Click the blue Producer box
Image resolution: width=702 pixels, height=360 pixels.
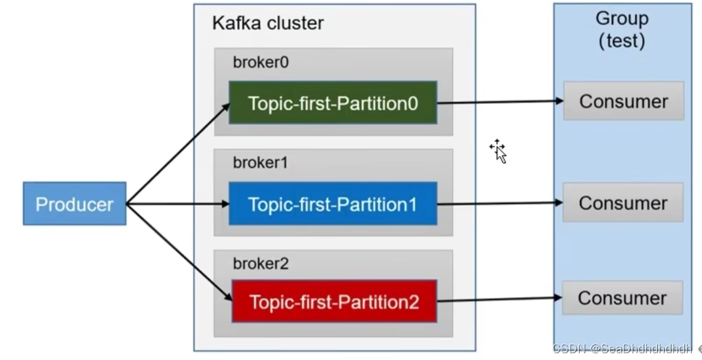74,203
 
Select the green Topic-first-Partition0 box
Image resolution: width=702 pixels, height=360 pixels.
333,103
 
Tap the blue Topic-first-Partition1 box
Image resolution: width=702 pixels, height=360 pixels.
333,204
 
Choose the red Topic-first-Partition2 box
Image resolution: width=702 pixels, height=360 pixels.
334,302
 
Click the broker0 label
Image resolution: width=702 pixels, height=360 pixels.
261,62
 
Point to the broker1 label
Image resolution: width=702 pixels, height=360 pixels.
261,163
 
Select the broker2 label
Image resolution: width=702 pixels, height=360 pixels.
261,264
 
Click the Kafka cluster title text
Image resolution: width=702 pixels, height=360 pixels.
267,23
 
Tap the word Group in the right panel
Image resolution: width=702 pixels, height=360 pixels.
621,18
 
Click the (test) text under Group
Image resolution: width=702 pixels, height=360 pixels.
621,41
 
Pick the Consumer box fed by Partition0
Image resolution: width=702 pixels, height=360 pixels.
623,101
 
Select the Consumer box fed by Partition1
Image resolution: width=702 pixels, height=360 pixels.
623,202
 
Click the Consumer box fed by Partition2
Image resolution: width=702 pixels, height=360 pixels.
623,298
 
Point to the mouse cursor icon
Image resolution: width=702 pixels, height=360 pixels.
499,151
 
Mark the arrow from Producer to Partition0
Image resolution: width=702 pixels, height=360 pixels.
178,154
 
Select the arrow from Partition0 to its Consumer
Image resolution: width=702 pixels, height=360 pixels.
500,102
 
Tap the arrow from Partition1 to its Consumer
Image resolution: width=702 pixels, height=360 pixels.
500,203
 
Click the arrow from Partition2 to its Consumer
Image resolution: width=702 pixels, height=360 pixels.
500,299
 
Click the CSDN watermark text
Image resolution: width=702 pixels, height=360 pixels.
623,348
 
